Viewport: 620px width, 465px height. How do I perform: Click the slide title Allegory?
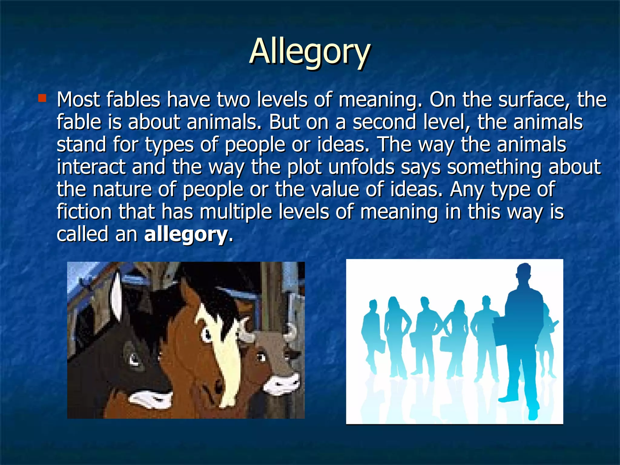click(x=309, y=51)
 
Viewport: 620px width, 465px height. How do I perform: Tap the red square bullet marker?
click(x=42, y=98)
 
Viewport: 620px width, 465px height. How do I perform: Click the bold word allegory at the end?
click(x=186, y=234)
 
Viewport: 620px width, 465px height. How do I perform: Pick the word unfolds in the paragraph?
click(x=361, y=167)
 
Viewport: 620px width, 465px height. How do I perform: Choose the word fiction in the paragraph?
click(x=84, y=212)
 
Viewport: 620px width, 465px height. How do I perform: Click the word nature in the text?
click(x=122, y=190)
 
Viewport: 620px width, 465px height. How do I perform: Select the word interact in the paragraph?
click(x=91, y=167)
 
